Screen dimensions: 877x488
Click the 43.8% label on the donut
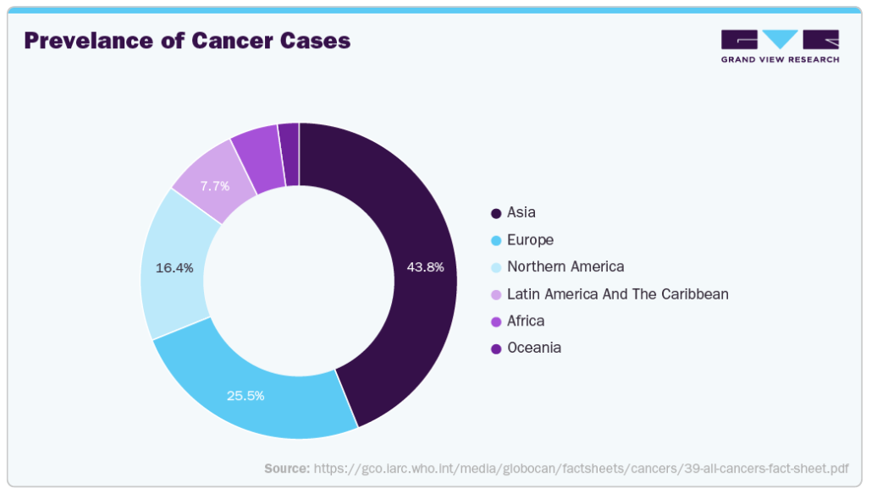point(425,267)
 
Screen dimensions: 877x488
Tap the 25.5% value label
point(245,396)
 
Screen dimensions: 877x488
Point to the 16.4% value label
point(174,268)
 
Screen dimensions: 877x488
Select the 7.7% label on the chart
point(215,186)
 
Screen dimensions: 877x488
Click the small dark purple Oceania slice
point(290,155)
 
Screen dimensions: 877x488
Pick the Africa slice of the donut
point(260,161)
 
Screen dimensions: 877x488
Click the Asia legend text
point(521,212)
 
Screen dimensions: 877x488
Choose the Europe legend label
point(530,240)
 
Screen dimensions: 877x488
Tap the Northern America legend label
point(565,266)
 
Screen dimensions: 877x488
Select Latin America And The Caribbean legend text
point(617,294)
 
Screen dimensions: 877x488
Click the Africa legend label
point(525,321)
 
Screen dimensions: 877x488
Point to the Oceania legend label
point(533,348)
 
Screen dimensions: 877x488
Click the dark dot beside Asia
point(495,213)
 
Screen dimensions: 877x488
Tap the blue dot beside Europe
point(495,241)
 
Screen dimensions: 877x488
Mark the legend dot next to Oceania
point(495,349)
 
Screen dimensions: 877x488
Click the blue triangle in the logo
point(780,39)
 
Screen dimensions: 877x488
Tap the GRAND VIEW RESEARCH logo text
point(780,59)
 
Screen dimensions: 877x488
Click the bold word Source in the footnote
point(287,469)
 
